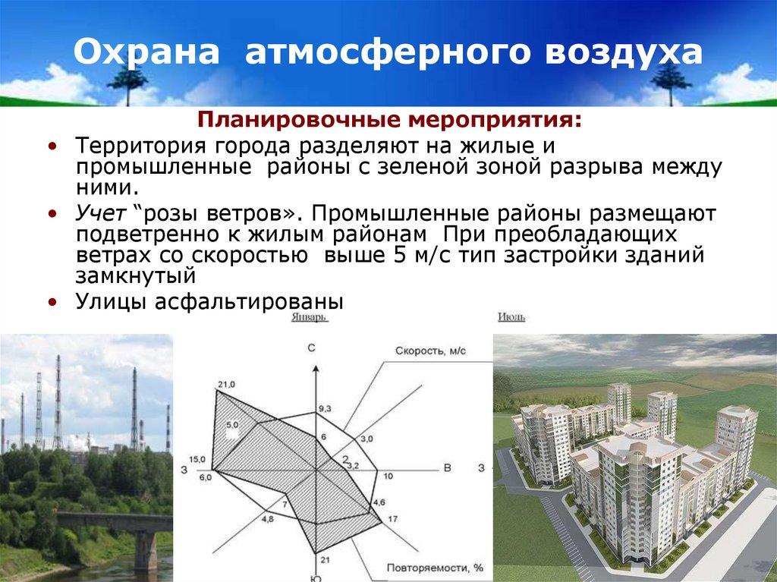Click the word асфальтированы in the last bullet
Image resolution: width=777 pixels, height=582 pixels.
(250, 301)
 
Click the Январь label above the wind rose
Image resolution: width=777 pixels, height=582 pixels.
(310, 319)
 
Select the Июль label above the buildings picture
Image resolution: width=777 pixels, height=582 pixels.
(512, 318)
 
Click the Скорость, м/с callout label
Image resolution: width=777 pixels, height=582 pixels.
(429, 351)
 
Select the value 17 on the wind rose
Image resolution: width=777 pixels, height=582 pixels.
(392, 519)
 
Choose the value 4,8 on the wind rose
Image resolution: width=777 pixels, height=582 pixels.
(267, 519)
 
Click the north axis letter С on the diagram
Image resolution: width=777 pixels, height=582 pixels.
(311, 348)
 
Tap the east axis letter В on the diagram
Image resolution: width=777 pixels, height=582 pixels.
(448, 468)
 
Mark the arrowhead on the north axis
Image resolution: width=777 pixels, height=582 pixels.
(314, 368)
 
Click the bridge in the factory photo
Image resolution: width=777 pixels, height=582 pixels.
(114, 524)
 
